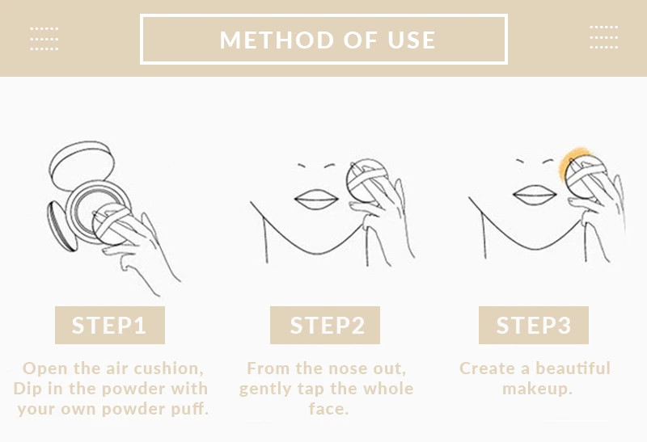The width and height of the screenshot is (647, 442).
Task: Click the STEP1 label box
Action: coord(110,325)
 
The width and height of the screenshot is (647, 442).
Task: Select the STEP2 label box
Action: coord(325,325)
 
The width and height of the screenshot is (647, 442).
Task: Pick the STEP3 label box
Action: coord(534,325)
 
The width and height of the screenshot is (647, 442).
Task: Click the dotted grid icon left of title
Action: coord(44,39)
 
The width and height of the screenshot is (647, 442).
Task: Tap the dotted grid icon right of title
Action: coord(603,37)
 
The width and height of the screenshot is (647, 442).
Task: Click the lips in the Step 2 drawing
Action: coord(316,199)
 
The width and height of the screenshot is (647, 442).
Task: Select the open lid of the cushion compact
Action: coord(82,165)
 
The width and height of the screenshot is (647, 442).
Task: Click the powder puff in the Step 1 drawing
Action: coord(112,224)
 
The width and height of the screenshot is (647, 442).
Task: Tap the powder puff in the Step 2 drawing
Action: coord(367,180)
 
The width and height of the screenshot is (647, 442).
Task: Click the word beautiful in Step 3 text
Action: coord(573,368)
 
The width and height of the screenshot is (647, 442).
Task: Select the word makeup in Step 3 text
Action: coord(535,389)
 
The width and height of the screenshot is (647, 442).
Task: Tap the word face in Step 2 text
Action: coord(327,409)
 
